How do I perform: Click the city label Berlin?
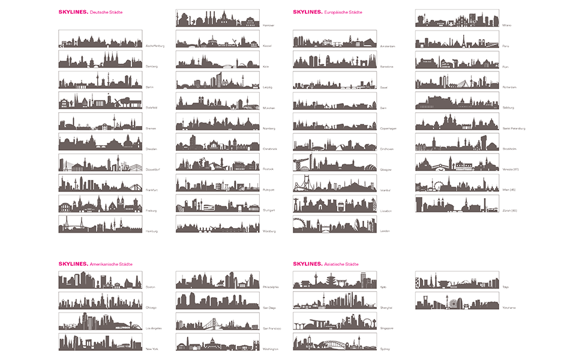click(149, 87)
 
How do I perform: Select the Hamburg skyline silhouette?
click(100, 224)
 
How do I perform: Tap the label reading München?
click(269, 108)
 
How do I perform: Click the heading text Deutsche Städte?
click(106, 12)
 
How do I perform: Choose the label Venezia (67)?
click(511, 169)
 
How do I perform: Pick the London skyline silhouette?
click(335, 224)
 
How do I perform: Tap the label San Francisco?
click(271, 328)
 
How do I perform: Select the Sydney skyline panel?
click(335, 342)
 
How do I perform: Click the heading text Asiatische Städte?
click(341, 264)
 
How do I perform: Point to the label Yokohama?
click(509, 308)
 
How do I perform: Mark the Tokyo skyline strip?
click(457, 280)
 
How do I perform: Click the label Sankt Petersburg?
click(514, 128)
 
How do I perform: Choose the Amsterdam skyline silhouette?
click(335, 40)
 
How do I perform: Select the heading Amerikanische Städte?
click(111, 264)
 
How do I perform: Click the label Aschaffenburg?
click(155, 46)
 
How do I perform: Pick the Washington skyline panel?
click(217, 342)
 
